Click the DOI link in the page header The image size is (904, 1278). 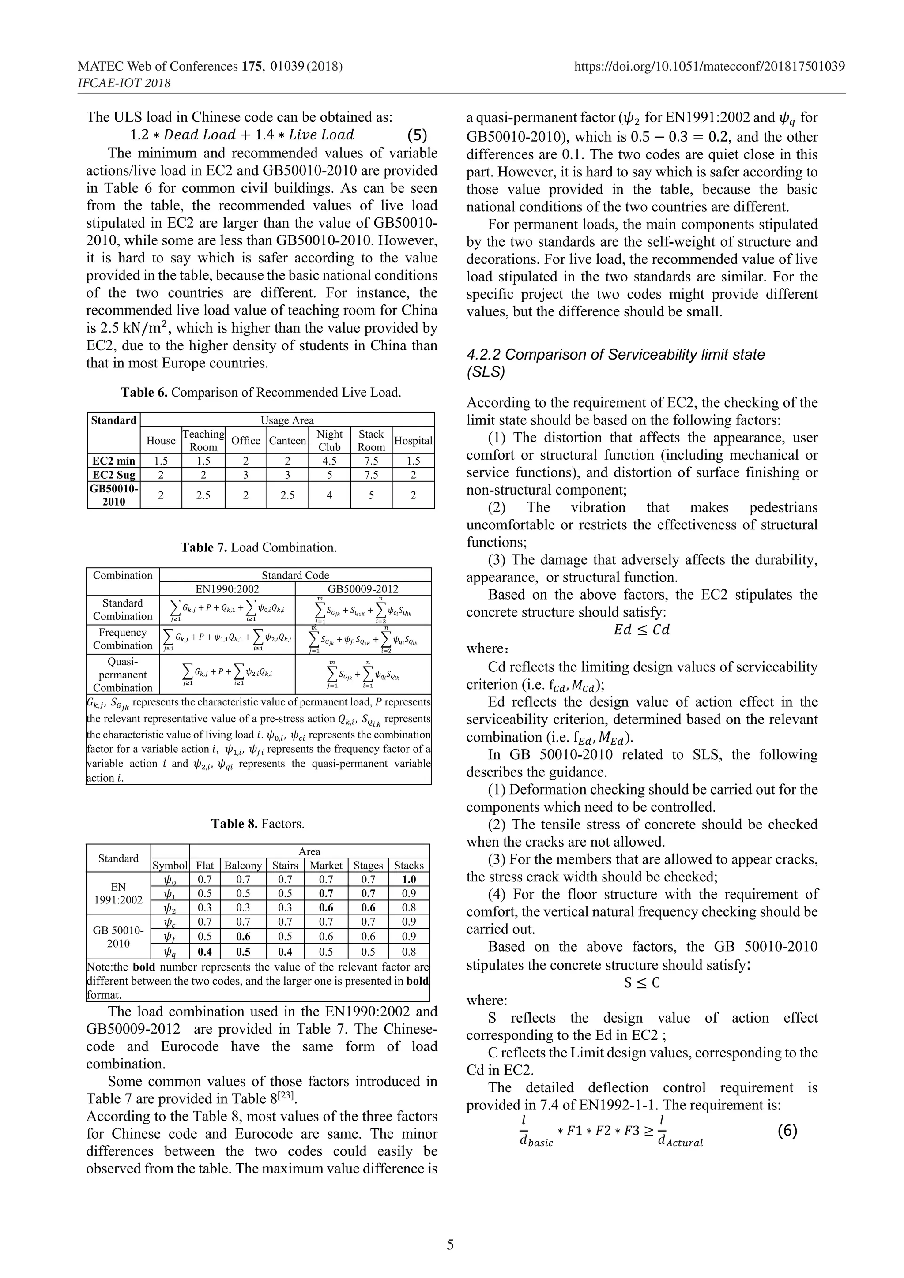[x=709, y=67]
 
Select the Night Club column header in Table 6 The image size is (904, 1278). [x=329, y=440]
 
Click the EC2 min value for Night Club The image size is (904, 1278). [x=329, y=461]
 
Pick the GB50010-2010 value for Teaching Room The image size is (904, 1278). [x=203, y=495]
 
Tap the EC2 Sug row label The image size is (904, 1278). [x=113, y=475]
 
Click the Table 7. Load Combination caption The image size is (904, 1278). [x=259, y=548]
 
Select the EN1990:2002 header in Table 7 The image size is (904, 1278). [x=227, y=589]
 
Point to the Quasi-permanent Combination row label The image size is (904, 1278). [x=123, y=675]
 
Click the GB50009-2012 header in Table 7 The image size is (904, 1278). [x=363, y=589]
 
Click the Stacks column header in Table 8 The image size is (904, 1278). [x=409, y=866]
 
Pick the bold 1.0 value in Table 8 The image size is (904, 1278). [x=409, y=880]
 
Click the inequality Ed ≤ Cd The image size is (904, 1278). [x=642, y=630]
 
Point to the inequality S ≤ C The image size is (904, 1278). [x=642, y=982]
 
